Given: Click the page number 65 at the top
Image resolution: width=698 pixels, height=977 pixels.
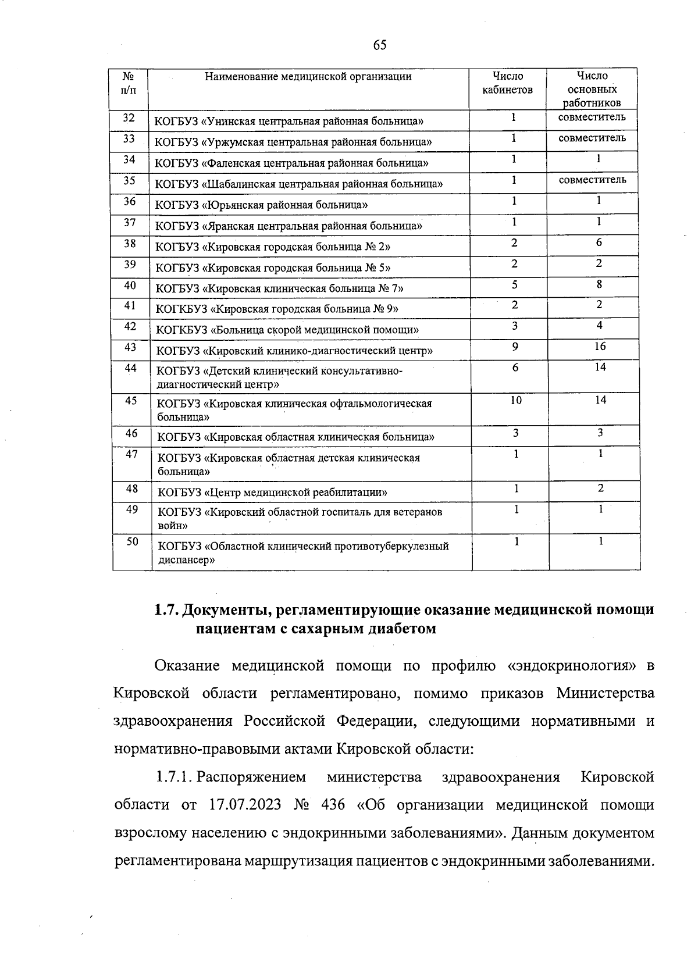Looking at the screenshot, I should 380,45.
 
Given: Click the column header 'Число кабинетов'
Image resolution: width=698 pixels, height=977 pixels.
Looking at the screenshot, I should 508,83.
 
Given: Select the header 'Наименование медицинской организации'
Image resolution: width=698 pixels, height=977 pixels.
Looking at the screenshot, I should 308,77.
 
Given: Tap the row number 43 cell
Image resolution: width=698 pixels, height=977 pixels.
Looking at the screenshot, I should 130,347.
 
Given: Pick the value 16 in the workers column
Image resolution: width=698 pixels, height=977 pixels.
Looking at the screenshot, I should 600,347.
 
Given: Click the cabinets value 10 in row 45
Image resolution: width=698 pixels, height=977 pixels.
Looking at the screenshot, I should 516,400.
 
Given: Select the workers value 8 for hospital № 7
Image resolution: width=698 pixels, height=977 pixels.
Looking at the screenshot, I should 599,284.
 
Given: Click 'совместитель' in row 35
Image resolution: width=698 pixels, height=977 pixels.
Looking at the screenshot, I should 592,180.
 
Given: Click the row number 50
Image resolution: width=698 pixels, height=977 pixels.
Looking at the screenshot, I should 132,541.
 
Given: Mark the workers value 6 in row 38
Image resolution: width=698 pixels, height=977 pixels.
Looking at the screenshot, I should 599,243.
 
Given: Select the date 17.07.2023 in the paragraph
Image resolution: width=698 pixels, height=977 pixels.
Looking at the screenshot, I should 244,805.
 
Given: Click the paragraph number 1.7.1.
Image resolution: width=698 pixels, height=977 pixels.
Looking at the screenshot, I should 173,778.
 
